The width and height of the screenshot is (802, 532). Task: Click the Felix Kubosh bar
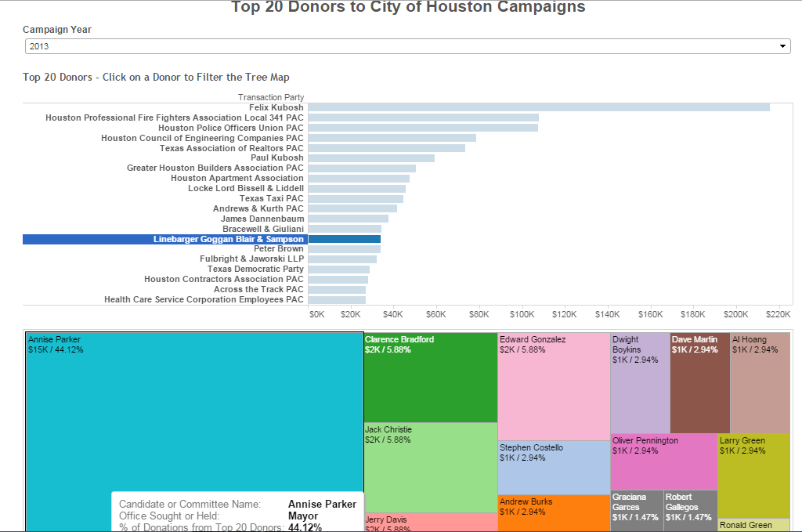point(538,107)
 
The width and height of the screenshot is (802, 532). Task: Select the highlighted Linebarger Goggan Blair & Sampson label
point(228,239)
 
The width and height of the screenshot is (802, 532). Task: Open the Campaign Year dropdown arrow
point(782,47)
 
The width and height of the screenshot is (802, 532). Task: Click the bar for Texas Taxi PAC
point(356,199)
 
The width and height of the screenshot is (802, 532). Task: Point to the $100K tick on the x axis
point(521,314)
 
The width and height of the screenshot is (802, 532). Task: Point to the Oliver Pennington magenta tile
point(663,464)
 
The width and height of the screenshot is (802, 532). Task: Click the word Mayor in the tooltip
point(303,516)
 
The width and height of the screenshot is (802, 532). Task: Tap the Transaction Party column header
point(271,98)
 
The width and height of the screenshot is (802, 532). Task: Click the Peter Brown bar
point(344,249)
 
